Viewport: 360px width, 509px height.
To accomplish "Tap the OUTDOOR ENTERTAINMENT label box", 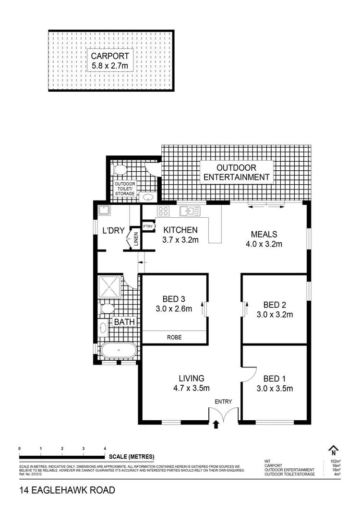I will tap(237, 172).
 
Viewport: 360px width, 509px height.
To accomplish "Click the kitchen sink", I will tap(190, 210).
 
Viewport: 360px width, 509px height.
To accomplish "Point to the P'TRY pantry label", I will tap(147, 226).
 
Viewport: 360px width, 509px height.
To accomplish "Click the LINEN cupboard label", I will tap(136, 239).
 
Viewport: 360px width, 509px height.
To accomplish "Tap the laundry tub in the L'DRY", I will tap(104, 210).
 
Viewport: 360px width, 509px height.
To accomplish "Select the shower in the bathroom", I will tap(110, 287).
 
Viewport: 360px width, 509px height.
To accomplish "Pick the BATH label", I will tap(124, 322).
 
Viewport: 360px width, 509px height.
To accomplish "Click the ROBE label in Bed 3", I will tap(175, 337).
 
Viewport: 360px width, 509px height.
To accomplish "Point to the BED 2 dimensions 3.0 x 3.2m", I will tap(275, 315).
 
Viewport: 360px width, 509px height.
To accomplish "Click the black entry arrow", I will tap(216, 424).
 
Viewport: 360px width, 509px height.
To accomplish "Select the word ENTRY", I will tap(223, 402).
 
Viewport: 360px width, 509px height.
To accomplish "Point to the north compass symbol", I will tap(333, 451).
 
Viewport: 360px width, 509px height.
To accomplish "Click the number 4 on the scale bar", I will tap(105, 448).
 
